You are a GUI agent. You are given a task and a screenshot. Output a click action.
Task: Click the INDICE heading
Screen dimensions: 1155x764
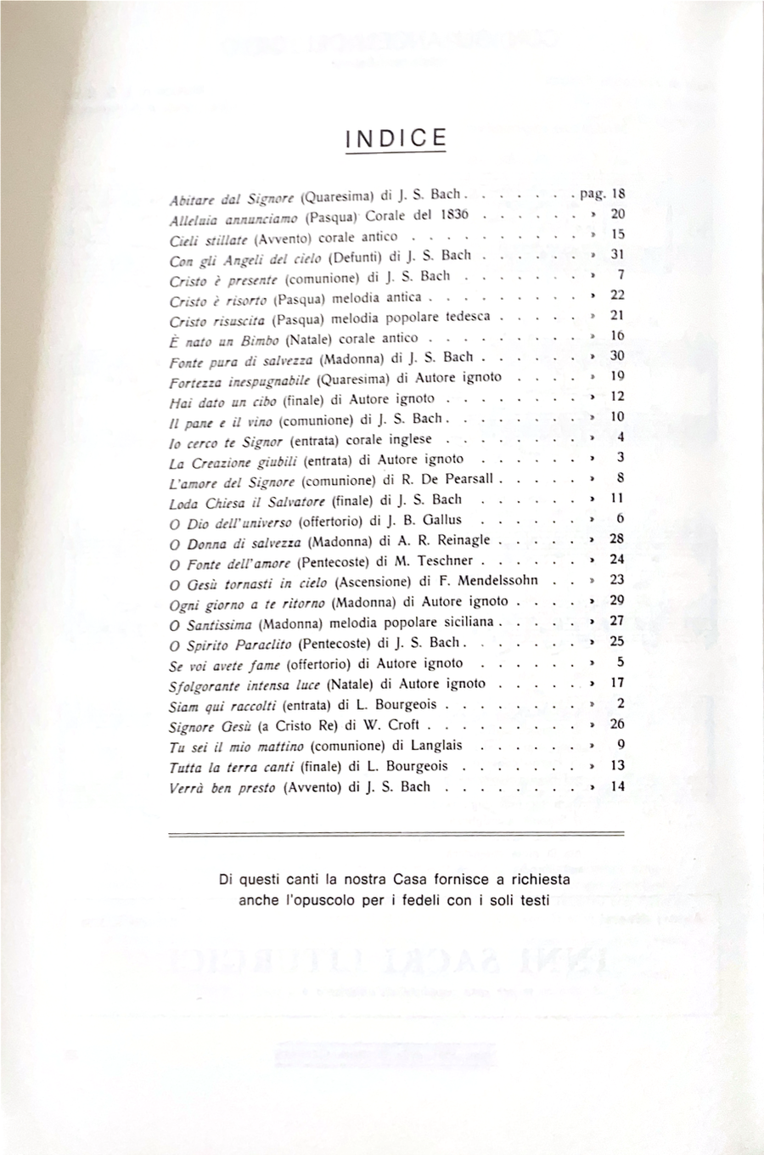396,139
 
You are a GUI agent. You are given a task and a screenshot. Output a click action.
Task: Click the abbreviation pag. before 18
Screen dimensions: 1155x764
592,194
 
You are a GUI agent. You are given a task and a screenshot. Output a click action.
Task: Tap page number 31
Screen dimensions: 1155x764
617,254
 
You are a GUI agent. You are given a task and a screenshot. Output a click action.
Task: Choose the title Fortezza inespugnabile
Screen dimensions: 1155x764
239,378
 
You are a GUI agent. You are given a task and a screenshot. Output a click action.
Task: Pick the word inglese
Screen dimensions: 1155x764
408,439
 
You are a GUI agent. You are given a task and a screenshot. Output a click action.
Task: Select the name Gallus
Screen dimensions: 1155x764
441,520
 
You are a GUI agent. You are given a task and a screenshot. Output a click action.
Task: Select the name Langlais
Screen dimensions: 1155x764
437,745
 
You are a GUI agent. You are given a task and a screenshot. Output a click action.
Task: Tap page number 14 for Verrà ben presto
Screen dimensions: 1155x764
617,786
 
